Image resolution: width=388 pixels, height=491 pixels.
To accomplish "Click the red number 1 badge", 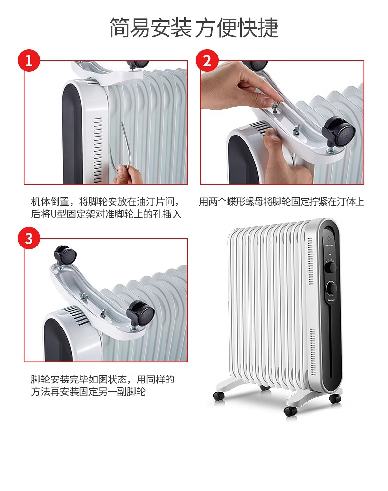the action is click(29, 60).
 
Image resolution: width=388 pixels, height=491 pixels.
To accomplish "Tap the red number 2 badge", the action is click(207, 60).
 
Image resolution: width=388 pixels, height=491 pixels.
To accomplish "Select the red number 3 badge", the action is click(29, 238).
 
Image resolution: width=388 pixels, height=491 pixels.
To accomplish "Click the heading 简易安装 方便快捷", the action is click(194, 27).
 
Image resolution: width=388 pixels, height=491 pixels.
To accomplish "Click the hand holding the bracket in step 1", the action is click(129, 175).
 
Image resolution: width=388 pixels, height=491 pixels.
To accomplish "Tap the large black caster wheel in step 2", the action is click(338, 132).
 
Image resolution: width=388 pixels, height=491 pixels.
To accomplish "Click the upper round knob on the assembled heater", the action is click(331, 268).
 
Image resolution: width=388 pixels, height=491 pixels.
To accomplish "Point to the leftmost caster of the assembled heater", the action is click(219, 395).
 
